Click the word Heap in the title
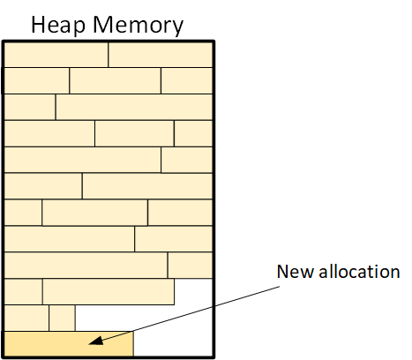click(58, 26)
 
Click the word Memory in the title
click(139, 26)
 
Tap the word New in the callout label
click(296, 272)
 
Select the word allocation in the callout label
click(359, 271)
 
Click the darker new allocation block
click(69, 344)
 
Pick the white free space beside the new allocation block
click(173, 344)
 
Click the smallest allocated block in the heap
click(62, 318)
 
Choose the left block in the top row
click(56, 55)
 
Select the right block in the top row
click(161, 55)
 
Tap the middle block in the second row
click(116, 80)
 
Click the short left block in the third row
click(30, 107)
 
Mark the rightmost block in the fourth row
click(193, 133)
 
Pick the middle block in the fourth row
click(134, 133)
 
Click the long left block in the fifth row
click(83, 160)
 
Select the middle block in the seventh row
click(94, 213)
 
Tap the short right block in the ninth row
click(190, 265)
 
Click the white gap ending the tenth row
click(193, 292)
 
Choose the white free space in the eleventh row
click(144, 318)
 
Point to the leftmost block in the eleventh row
click(26, 318)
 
